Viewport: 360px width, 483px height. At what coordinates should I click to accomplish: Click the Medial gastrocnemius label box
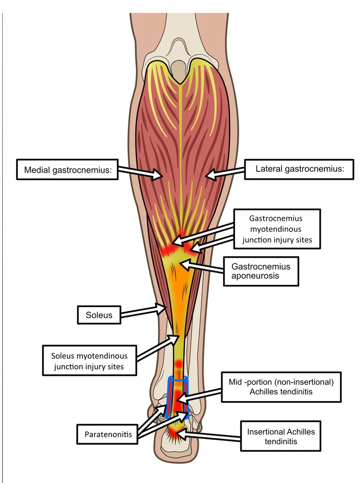click(x=67, y=170)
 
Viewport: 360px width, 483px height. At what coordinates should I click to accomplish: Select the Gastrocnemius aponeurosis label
click(x=261, y=271)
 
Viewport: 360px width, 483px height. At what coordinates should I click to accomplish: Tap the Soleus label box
click(x=99, y=315)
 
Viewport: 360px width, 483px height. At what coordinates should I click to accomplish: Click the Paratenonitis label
click(x=108, y=434)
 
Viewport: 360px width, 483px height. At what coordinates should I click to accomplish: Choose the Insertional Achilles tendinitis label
click(x=281, y=436)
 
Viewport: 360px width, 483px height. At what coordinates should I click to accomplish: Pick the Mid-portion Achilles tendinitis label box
click(x=281, y=387)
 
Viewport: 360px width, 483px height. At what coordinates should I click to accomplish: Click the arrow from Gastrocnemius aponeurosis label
click(x=202, y=268)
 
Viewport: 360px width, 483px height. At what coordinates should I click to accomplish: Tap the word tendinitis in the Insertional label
click(x=281, y=441)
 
